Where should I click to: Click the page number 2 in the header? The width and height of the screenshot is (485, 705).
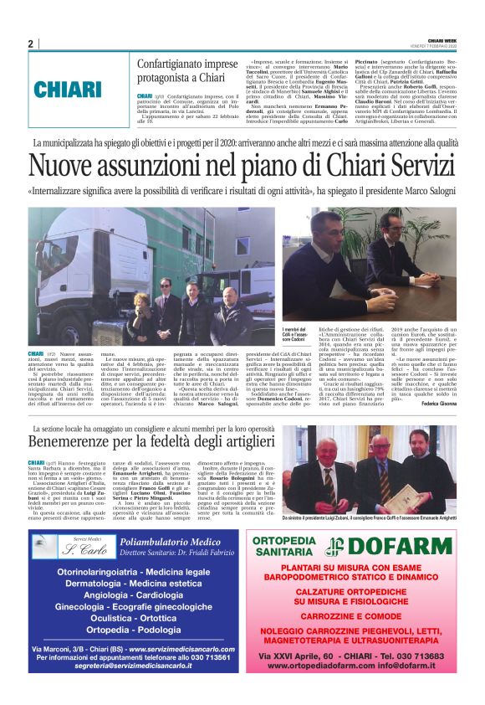30,44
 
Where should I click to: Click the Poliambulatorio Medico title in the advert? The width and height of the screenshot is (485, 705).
164,543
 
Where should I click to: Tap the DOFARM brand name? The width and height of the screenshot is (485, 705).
395,546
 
